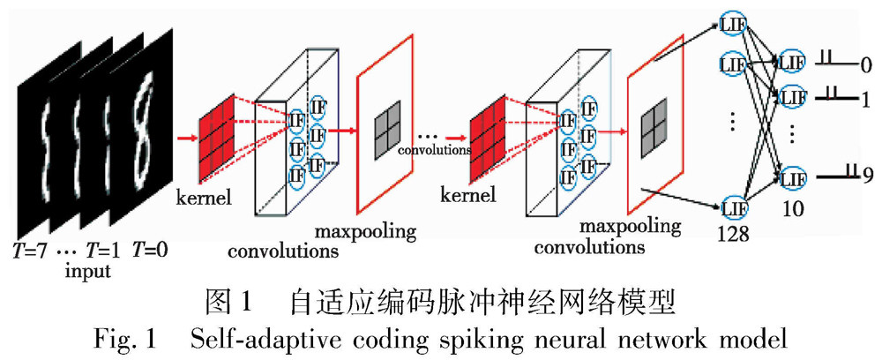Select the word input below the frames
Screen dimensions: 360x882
coord(88,271)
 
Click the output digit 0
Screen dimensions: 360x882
coord(865,65)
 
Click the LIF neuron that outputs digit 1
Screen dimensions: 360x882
coord(792,96)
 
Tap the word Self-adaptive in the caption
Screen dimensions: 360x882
coord(259,339)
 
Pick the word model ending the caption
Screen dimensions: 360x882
coord(750,339)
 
